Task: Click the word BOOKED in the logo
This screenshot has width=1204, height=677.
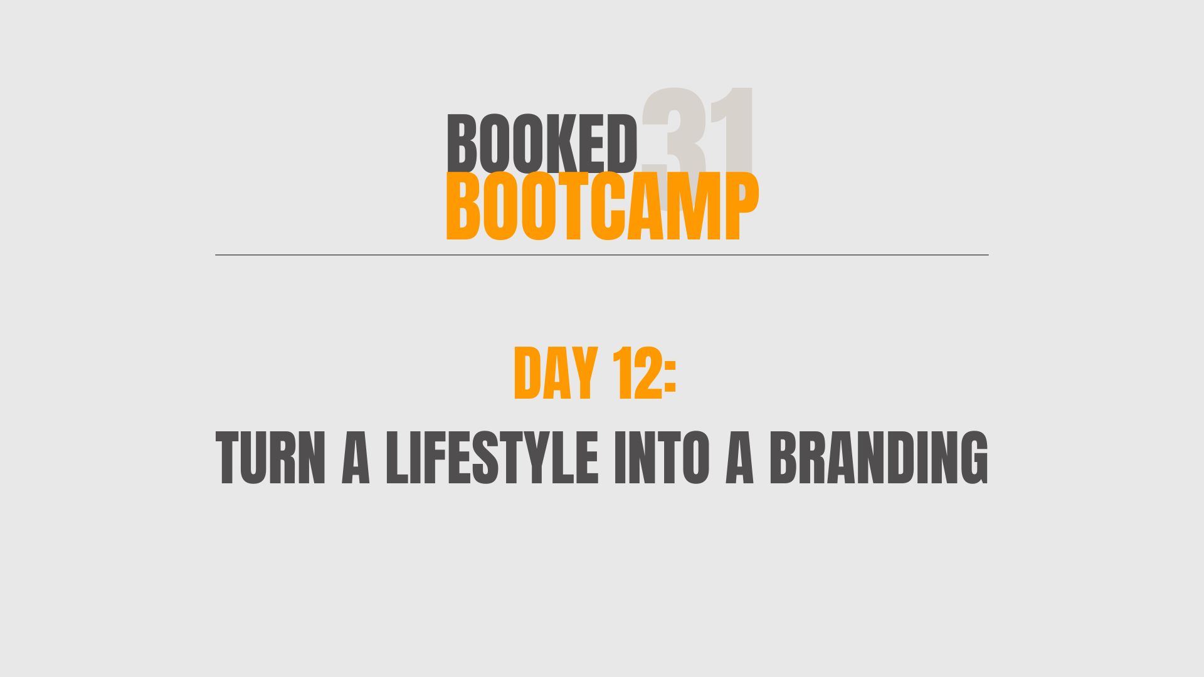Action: (542, 143)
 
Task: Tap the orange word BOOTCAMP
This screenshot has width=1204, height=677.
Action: (602, 207)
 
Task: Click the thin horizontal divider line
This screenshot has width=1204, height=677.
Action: (602, 255)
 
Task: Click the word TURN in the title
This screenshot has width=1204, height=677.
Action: (271, 458)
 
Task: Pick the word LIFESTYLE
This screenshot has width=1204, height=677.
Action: (492, 458)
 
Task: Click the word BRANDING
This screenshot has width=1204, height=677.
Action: (879, 458)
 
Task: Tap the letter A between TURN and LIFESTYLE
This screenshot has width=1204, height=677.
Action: (356, 458)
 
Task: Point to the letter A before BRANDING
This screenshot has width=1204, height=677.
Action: (739, 458)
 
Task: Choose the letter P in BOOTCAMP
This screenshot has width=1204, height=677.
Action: (742, 207)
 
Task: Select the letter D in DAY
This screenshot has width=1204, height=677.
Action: (527, 374)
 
